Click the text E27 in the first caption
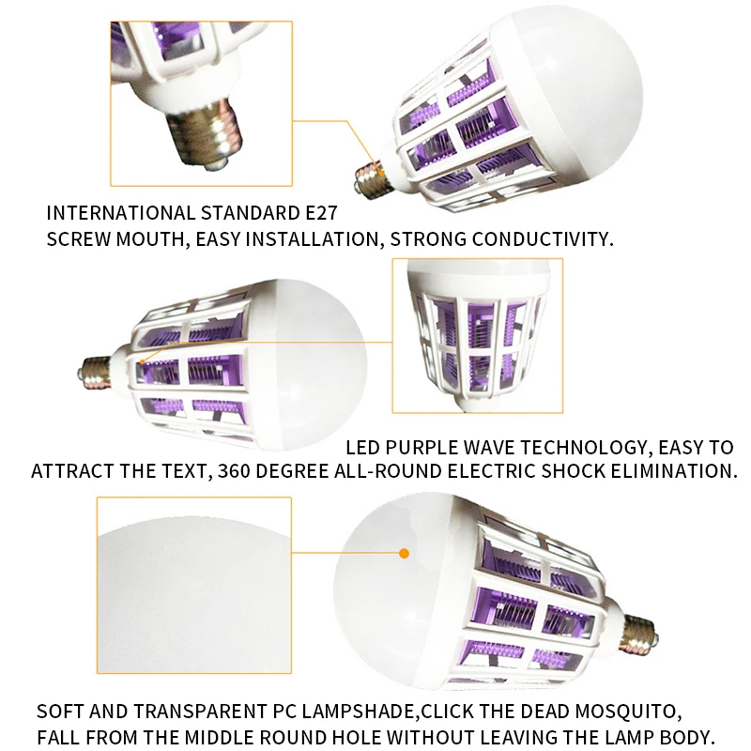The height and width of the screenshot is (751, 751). point(321,213)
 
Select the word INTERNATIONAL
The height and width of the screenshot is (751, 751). point(121,213)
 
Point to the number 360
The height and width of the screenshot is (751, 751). point(234,471)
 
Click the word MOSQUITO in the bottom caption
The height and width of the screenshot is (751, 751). point(628,712)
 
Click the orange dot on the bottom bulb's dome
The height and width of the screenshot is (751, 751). point(404,554)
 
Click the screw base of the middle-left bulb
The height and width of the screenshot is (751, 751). point(95,372)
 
